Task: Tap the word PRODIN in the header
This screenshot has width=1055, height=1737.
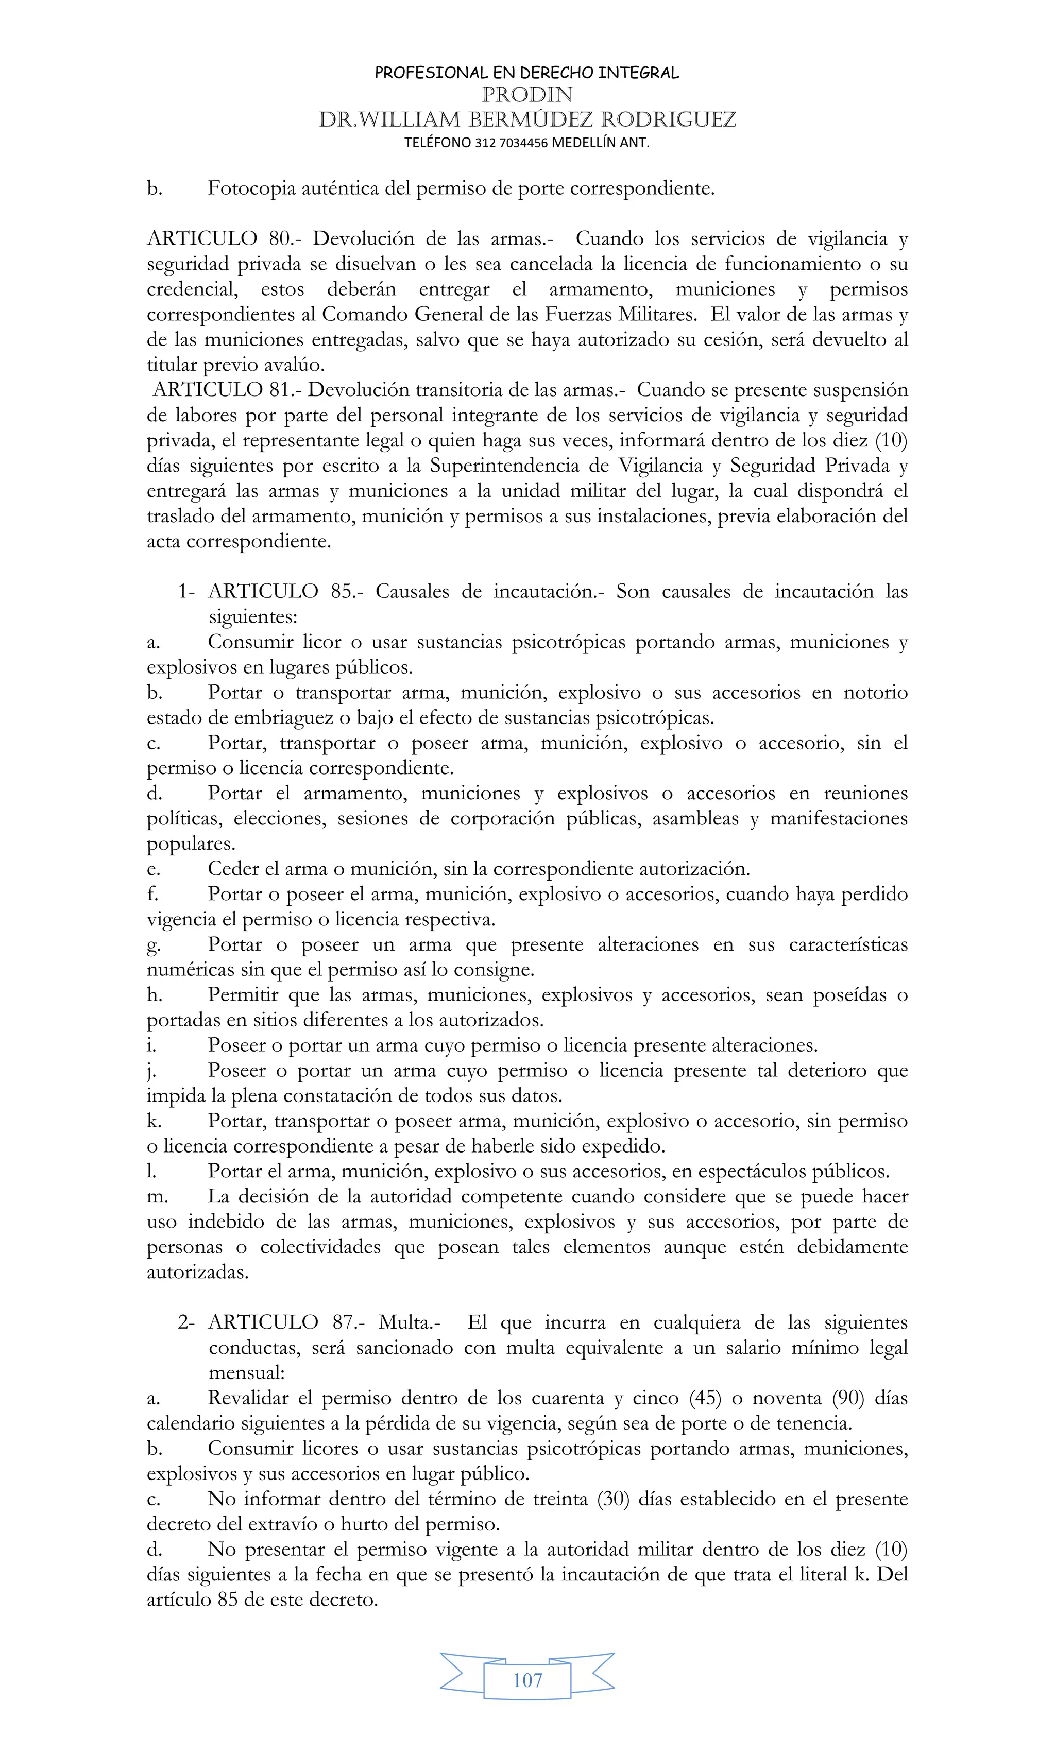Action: [527, 94]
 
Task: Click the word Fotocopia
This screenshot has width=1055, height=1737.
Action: [252, 189]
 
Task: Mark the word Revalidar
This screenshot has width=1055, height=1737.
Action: [248, 1398]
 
